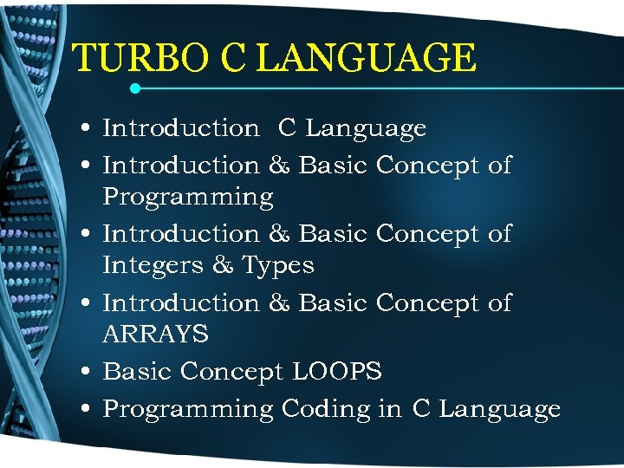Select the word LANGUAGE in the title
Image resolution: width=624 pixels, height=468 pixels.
click(x=367, y=59)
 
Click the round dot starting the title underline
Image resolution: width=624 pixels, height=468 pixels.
click(x=135, y=88)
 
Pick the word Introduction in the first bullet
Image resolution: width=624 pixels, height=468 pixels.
click(x=180, y=128)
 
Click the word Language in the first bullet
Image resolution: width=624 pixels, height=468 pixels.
click(x=366, y=128)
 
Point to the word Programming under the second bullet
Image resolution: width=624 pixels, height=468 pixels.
click(x=188, y=198)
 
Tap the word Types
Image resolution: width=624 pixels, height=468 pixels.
click(x=277, y=265)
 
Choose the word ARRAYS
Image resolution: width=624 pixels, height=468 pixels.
click(x=155, y=334)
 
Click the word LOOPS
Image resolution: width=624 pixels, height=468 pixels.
click(x=337, y=372)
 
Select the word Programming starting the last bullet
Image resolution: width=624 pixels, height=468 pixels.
click(x=188, y=409)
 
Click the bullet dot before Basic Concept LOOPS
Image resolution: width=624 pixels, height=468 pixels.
click(x=89, y=373)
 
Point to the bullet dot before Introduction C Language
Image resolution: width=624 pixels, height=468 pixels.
click(x=89, y=129)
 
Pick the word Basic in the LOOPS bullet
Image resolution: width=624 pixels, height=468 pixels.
click(x=138, y=372)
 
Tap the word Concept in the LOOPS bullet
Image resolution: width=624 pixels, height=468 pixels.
click(x=232, y=373)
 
